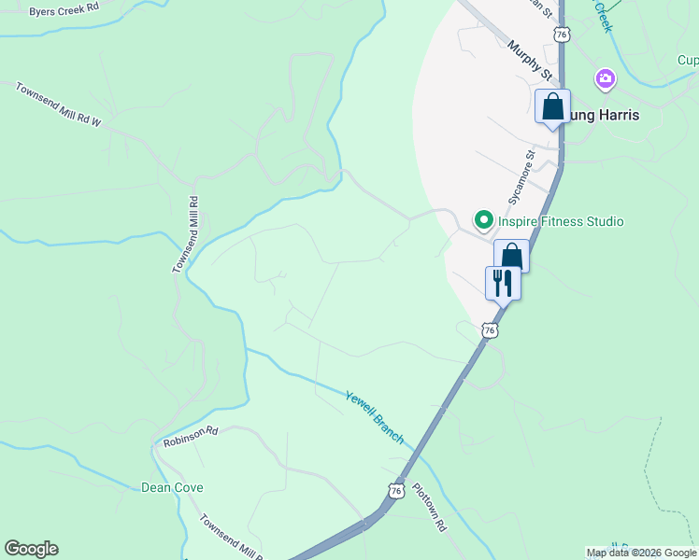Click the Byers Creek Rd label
click(x=64, y=10)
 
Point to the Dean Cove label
click(x=172, y=487)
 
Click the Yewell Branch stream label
click(x=374, y=416)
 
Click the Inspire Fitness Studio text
click(x=560, y=221)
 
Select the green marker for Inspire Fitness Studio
click(x=484, y=221)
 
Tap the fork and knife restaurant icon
click(x=503, y=283)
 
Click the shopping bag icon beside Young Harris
click(x=552, y=106)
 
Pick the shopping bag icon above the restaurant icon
click(x=511, y=256)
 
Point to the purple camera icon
click(x=606, y=78)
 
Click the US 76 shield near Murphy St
click(x=561, y=35)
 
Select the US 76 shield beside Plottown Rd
click(x=397, y=490)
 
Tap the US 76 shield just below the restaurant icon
click(x=490, y=329)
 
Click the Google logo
click(x=31, y=549)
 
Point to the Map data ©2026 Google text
click(x=641, y=553)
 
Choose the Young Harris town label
click(x=604, y=116)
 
